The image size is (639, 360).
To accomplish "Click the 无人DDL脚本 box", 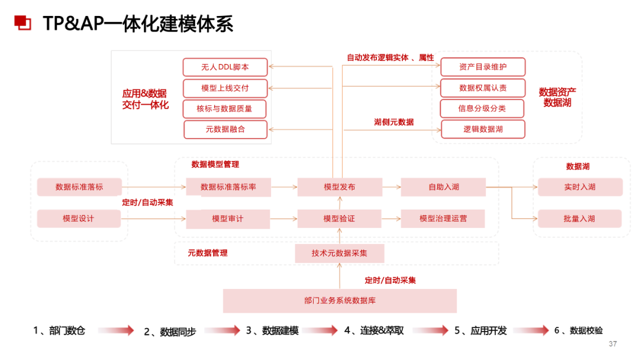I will point(225,67).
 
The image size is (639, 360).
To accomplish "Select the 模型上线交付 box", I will point(225,88).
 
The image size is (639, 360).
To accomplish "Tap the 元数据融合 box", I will point(225,128).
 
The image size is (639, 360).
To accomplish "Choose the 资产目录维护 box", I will point(483,67).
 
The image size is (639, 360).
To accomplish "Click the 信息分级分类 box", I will point(483,108).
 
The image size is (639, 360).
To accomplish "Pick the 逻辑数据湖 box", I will point(483,128).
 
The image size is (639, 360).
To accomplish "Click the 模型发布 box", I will point(340,187).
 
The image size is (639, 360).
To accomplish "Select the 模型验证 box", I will point(340,218).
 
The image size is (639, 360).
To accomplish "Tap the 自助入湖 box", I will point(443,187).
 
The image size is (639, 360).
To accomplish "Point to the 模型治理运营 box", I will point(443,218).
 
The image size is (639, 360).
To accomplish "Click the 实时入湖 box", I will point(580,187).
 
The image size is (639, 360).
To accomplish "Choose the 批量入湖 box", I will point(580,218).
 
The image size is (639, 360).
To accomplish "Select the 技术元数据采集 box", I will point(340,253).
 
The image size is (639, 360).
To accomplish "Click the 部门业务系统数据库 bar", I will point(340,300).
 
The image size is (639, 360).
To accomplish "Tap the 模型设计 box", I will point(79,218).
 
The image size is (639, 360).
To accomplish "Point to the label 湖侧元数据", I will point(393,122).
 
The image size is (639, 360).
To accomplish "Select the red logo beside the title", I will point(22,22).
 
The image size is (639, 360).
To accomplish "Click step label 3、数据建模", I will point(272,330).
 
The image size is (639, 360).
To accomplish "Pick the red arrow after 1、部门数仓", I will point(115,330).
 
